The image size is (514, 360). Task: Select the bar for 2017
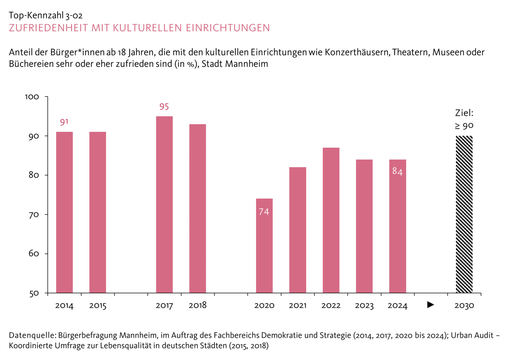point(164,205)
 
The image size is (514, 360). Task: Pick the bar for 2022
point(331,220)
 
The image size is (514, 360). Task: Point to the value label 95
point(164,107)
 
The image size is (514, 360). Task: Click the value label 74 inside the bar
point(264,212)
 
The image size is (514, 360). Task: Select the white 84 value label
point(397,172)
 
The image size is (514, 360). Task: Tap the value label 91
point(64,122)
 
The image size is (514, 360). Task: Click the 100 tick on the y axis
point(32,97)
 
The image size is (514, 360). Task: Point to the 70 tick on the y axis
point(34,215)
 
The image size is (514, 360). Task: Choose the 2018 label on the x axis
point(198,305)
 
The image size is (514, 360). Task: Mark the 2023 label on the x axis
point(364,305)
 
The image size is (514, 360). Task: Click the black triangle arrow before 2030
point(431,305)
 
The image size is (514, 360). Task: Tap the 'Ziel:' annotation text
point(464,113)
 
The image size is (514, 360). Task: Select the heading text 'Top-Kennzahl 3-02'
point(46,15)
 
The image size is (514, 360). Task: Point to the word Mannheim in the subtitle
point(247,64)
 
